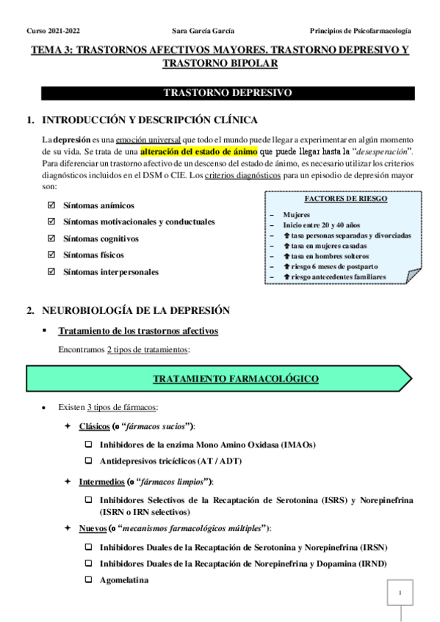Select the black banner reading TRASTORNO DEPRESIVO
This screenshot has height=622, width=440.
227,93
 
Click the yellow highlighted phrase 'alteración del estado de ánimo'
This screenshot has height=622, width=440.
199,151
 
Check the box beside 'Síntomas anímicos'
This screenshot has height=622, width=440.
50,206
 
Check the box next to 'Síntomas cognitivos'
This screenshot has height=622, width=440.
50,239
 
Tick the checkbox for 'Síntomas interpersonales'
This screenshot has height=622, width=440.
50,272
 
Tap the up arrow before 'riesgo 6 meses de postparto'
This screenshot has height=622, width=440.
286,267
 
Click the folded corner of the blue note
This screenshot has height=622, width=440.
413,276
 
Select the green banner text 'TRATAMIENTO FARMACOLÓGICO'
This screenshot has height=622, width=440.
235,378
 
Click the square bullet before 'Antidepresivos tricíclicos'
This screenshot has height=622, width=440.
88,461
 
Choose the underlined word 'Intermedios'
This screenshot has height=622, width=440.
98,482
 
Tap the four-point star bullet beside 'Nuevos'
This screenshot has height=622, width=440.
68,528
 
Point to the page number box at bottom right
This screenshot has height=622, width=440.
400,592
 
